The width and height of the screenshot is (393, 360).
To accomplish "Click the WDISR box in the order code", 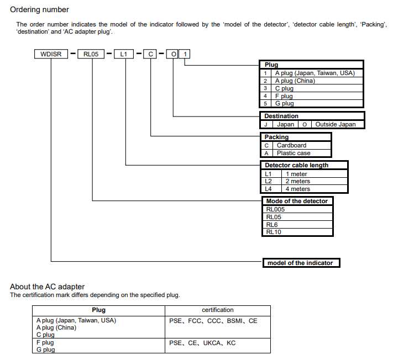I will point(51,54).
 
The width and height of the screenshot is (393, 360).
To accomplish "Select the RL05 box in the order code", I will point(92,54).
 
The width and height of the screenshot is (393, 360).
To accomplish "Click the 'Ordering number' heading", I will point(40,9).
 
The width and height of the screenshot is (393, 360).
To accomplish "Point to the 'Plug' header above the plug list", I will point(271,65).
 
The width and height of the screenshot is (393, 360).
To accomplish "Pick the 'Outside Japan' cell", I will point(335,124).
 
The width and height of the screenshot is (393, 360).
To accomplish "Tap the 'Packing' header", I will point(276,137).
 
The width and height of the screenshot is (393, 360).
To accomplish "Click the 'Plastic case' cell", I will point(294,153).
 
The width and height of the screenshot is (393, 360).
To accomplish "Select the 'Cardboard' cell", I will point(291,145).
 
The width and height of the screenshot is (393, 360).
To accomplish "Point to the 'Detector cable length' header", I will point(296,165).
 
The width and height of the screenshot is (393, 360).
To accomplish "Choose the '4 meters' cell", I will point(297,189).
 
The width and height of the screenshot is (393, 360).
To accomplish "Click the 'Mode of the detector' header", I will point(296,201).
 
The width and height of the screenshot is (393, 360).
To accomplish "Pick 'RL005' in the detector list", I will point(276,209).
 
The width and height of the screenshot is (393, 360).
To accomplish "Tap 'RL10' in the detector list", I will point(274,232).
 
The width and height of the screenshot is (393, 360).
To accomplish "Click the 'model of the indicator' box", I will point(300,263).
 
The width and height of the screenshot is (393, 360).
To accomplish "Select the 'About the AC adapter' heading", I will point(48,287).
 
